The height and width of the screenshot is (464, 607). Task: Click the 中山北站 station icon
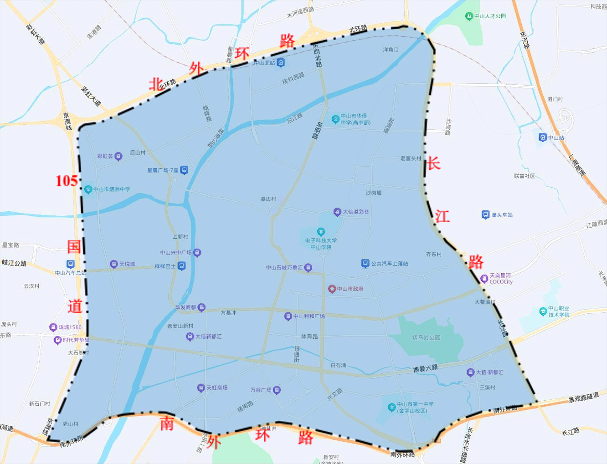pyautogui.click(x=281, y=63)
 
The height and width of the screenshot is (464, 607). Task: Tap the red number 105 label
pyautogui.click(x=66, y=181)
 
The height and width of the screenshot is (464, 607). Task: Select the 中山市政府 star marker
pyautogui.click(x=332, y=289)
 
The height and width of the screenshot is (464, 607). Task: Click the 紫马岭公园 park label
pyautogui.click(x=426, y=338)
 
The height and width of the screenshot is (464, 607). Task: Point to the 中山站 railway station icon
pyautogui.click(x=543, y=137)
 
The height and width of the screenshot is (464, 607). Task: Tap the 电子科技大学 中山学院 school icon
pyautogui.click(x=321, y=232)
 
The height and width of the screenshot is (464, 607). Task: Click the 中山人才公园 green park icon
pyautogui.click(x=469, y=16)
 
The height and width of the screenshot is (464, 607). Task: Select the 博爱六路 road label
pyautogui.click(x=425, y=368)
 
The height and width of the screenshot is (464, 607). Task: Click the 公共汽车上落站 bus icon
pyautogui.click(x=365, y=263)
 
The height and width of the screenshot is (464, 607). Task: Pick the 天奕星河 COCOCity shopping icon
pyautogui.click(x=484, y=279)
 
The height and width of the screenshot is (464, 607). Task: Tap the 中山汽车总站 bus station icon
pyautogui.click(x=70, y=264)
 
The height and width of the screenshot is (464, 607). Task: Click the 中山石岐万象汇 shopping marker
pyautogui.click(x=308, y=268)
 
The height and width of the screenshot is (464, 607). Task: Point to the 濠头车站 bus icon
pyautogui.click(x=485, y=214)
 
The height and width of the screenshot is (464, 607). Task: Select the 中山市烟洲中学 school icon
pyautogui.click(x=88, y=189)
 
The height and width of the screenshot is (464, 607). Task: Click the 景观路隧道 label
pyautogui.click(x=583, y=397)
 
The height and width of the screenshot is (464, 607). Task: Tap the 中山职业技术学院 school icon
pyautogui.click(x=543, y=311)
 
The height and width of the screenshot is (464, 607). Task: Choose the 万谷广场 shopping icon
pyautogui.click(x=277, y=390)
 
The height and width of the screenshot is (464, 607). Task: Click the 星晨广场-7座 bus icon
pyautogui.click(x=184, y=170)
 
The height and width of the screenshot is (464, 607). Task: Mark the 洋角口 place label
pyautogui.click(x=391, y=50)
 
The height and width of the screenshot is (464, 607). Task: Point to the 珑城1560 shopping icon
pyautogui.click(x=53, y=327)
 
